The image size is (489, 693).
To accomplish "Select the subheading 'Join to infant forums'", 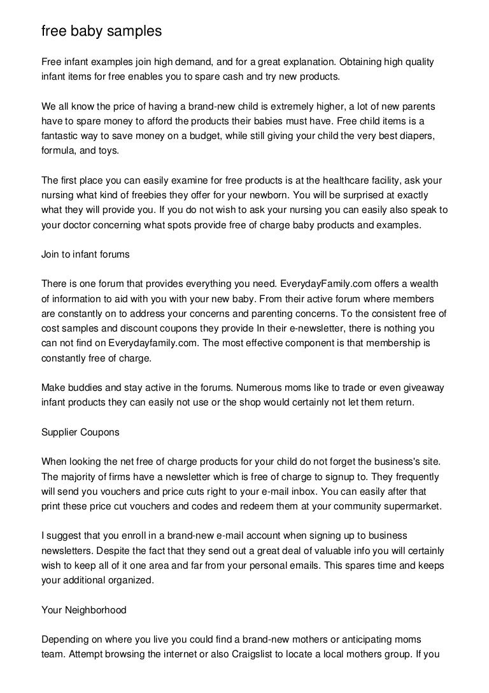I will [85, 254].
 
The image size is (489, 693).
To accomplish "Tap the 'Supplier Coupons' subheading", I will [80, 432].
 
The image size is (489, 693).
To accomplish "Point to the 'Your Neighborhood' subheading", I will [84, 610].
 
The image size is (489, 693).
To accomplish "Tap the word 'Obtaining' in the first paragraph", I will [362, 63].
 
